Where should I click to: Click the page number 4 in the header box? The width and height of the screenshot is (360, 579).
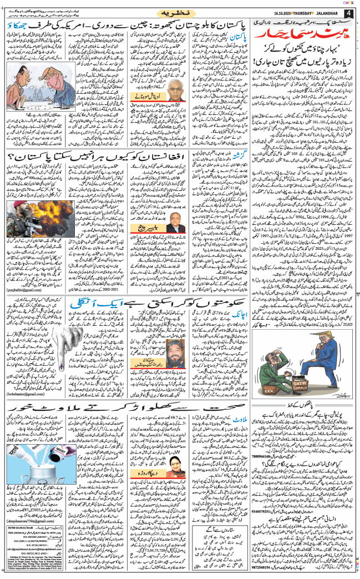pos(348,12)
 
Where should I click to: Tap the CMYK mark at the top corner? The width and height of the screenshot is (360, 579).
pos(348,3)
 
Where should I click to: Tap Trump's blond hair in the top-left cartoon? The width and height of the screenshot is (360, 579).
pos(26,69)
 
